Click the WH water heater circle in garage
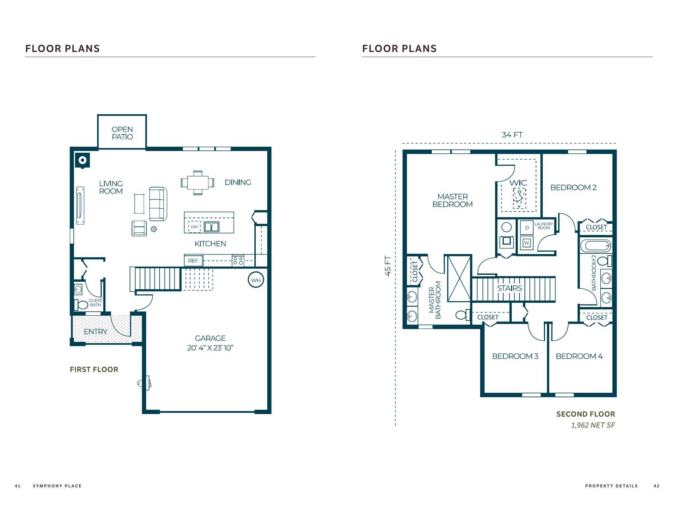(256, 280)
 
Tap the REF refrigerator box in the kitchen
(193, 260)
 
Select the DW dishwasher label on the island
(194, 227)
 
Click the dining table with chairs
(197, 182)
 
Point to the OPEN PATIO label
(122, 133)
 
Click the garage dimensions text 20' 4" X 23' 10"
(210, 348)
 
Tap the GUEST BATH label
(95, 302)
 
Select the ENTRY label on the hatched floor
(95, 331)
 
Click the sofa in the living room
(158, 204)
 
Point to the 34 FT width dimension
(512, 135)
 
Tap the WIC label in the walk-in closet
(518, 183)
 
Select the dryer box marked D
(527, 228)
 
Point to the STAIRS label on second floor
(509, 288)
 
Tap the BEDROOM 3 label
(515, 356)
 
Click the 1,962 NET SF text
(593, 425)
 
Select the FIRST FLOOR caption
(94, 369)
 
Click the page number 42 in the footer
(656, 486)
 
